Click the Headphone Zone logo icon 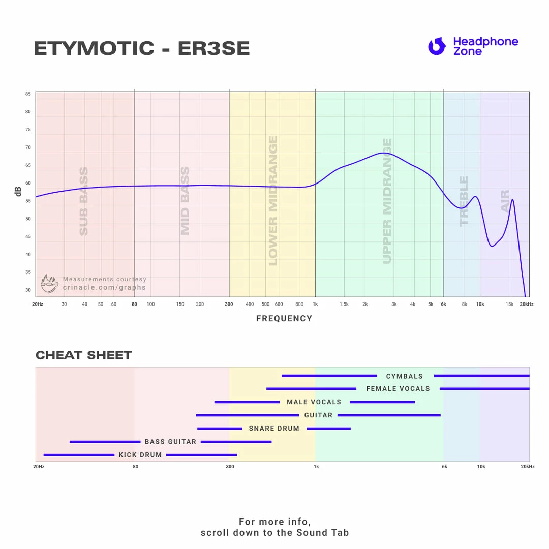436,46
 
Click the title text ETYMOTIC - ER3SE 142,48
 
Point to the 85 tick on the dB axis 28,94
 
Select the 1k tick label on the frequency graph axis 315,304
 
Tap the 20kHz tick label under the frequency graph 526,304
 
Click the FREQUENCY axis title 284,319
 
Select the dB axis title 18,192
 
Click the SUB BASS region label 84,201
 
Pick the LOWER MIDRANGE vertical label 273,201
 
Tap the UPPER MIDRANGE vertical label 387,201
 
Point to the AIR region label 505,201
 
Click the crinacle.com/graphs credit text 104,287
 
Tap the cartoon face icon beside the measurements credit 49,284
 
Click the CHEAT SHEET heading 84,355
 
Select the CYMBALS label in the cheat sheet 405,376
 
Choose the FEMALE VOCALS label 398,389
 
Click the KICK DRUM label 140,455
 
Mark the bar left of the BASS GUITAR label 105,442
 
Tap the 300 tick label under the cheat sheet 230,466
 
